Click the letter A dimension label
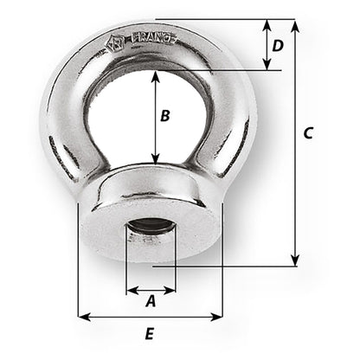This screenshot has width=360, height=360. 150,302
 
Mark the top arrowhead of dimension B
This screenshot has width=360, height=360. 155,75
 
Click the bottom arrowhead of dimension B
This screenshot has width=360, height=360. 155,160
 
